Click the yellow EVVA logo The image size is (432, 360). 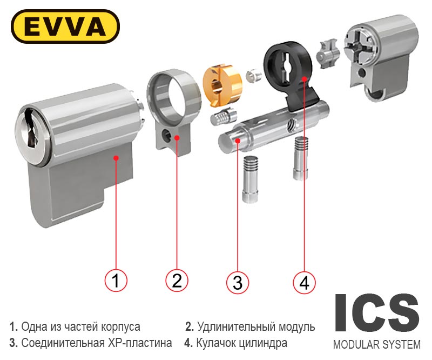tap(65, 26)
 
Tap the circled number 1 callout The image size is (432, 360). tap(116, 281)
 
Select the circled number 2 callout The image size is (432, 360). tap(177, 281)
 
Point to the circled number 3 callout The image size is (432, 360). tap(238, 283)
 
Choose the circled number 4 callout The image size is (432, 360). tap(304, 283)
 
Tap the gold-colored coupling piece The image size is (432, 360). tap(222, 85)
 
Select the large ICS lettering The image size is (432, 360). tap(377, 312)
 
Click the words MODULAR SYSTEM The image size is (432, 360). tap(377, 344)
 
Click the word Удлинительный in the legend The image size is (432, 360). tap(237, 327)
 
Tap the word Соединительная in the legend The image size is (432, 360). tap(63, 343)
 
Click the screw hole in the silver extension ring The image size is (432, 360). tap(166, 135)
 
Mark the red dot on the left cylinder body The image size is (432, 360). tap(116, 158)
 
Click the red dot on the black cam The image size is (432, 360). tap(304, 79)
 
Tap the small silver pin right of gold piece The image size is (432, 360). tap(253, 76)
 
